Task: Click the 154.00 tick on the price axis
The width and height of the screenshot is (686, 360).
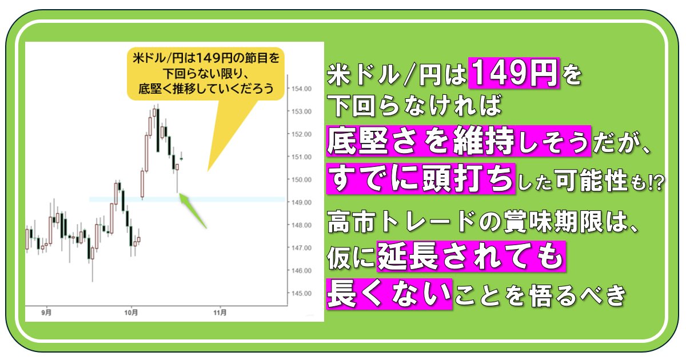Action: coord(301,89)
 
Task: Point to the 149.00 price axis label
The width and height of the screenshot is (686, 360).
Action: coord(301,202)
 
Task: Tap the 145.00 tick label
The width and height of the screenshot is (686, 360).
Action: coord(301,294)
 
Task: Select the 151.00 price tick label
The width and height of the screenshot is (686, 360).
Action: coord(301,157)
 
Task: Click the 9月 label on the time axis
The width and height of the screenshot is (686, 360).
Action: coord(47,312)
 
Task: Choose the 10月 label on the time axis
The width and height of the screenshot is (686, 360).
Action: coord(131,312)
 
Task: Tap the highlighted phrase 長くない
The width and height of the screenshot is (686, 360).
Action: coord(389,294)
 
